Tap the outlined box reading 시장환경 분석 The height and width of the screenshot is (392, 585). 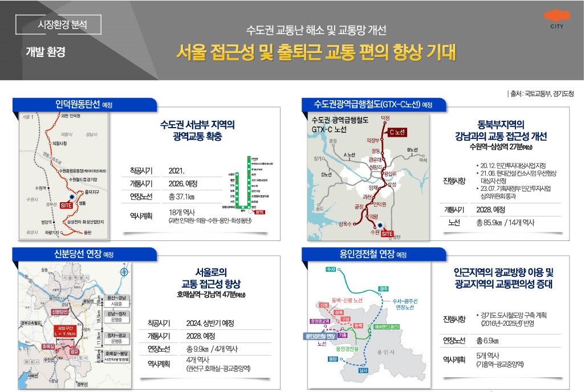59,24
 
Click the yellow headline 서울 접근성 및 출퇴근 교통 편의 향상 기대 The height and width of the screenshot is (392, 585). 316,53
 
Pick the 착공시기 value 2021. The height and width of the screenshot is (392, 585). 177,170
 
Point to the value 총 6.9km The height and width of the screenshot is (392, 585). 487,341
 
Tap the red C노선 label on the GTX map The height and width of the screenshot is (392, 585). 397,132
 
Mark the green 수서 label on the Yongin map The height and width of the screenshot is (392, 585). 330,268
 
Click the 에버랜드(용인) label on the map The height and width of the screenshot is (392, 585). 387,326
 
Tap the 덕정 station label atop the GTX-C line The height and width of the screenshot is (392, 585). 385,117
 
